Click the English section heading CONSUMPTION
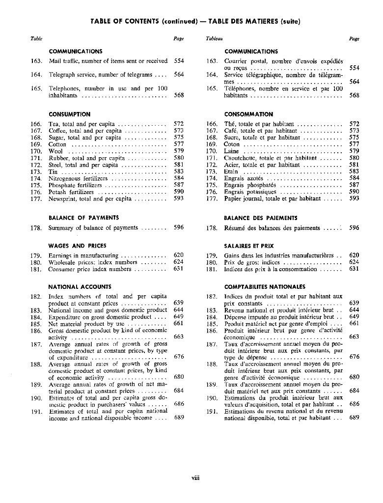click(x=69, y=114)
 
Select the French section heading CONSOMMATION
click(x=248, y=114)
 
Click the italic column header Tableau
click(x=215, y=38)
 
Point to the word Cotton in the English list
click(x=57, y=144)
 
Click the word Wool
click(x=55, y=151)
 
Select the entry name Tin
click(x=53, y=172)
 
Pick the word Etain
click(x=231, y=172)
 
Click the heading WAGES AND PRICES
click(x=77, y=246)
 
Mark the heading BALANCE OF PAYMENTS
click(x=83, y=218)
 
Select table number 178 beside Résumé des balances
click(x=212, y=228)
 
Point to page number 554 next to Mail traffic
click(x=179, y=61)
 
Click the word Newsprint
click(x=62, y=199)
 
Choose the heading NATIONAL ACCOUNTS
click(x=80, y=286)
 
